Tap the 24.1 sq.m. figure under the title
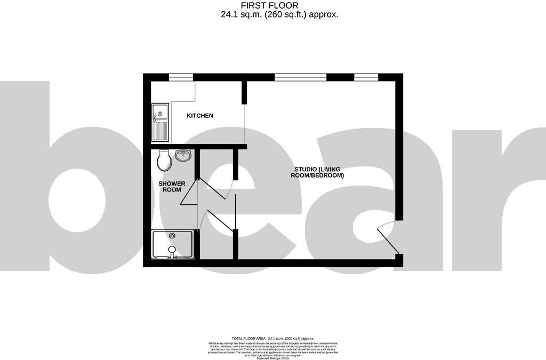click(243, 14)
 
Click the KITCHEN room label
click(199, 116)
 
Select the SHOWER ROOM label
click(172, 187)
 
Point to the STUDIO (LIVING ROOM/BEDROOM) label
click(317, 172)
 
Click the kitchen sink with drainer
click(160, 122)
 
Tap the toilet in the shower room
click(164, 159)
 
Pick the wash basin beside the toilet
click(184, 156)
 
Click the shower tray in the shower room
click(173, 244)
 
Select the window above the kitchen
click(181, 77)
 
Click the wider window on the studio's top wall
click(300, 77)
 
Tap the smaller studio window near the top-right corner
click(366, 77)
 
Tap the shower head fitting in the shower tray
click(172, 250)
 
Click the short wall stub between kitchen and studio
click(245, 92)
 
